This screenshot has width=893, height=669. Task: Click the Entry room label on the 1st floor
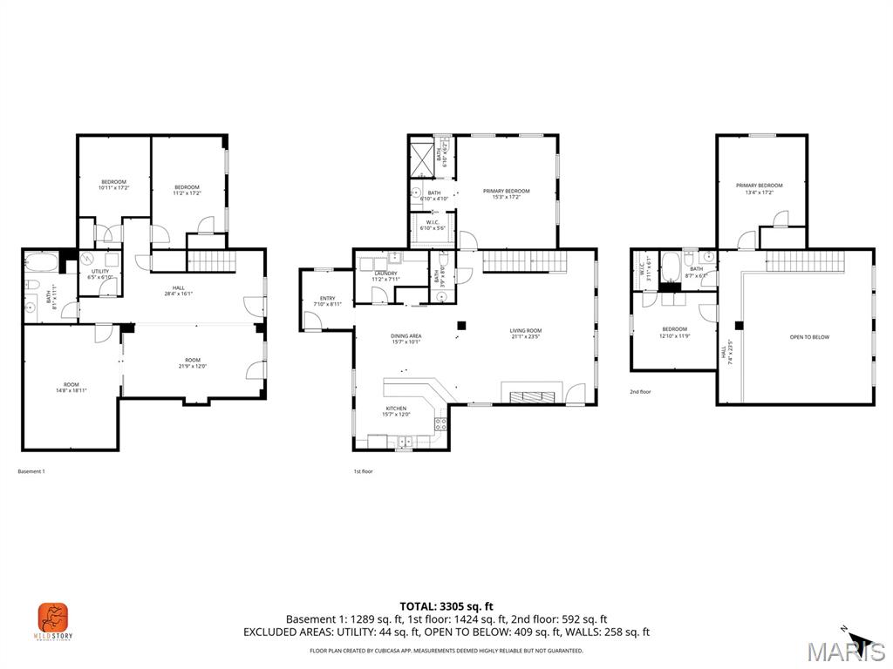324,301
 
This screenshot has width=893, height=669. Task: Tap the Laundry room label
385,276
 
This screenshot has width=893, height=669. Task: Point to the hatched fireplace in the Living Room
531,396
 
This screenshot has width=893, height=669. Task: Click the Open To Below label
808,337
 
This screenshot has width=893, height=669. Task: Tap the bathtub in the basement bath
41,262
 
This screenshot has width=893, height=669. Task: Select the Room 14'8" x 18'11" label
71,388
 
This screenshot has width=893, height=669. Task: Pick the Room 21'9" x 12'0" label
192,363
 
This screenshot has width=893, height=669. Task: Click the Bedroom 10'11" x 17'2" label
113,185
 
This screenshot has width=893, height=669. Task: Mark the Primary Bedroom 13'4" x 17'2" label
759,188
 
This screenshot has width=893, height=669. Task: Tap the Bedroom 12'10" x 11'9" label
674,332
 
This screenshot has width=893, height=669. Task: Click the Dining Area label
406,338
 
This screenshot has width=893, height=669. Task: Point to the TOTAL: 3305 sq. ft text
446,606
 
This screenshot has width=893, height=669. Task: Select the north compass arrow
858,640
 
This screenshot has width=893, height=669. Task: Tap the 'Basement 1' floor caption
31,471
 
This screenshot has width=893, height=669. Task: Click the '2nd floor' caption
640,392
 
